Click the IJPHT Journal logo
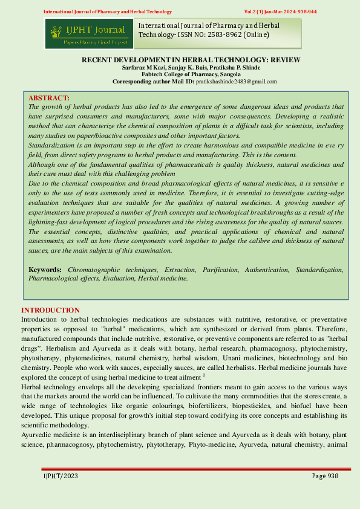pyautogui.click(x=88, y=33)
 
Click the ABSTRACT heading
pyautogui.click(x=49, y=98)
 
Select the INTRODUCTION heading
pyautogui.click(x=50, y=310)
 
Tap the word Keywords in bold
pyautogui.click(x=45, y=268)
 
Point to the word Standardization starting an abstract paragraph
pyautogui.click(x=53, y=146)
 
